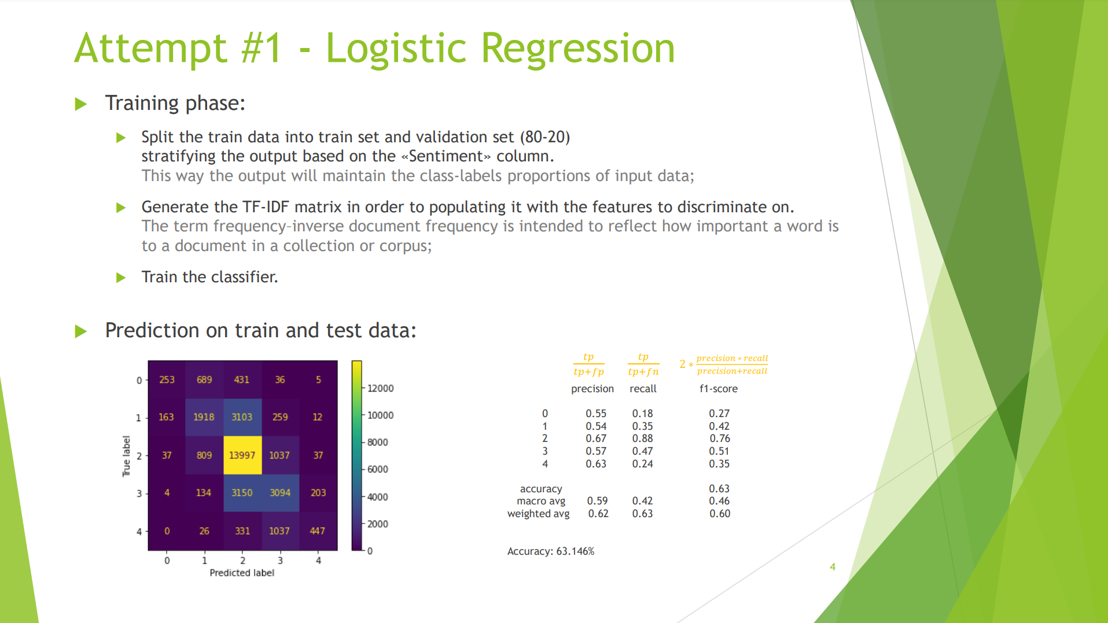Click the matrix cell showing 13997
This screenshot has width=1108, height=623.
(x=242, y=455)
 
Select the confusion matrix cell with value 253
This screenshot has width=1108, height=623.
(x=167, y=380)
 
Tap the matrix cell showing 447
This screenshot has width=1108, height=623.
(x=318, y=531)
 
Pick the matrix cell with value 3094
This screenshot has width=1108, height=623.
(x=280, y=493)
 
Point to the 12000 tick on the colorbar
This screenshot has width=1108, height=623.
(x=380, y=388)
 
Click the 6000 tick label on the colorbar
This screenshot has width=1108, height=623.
(x=377, y=469)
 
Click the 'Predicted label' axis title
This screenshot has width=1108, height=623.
(x=242, y=573)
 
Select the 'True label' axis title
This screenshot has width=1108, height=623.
(x=126, y=456)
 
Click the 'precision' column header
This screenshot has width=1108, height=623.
(x=592, y=389)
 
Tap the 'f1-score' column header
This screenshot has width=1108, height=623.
(x=718, y=389)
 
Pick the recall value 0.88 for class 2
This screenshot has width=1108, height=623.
(x=642, y=438)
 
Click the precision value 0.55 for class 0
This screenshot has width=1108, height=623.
(x=596, y=414)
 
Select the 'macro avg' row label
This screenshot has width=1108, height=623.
(x=541, y=501)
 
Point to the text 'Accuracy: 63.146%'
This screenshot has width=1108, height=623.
(x=550, y=551)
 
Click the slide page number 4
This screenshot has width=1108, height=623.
(x=832, y=567)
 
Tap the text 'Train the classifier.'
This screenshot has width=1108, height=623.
(x=209, y=277)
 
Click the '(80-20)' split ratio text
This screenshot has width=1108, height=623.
(x=544, y=137)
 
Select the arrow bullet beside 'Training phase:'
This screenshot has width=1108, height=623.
(x=81, y=104)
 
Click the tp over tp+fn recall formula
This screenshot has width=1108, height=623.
(x=643, y=364)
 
